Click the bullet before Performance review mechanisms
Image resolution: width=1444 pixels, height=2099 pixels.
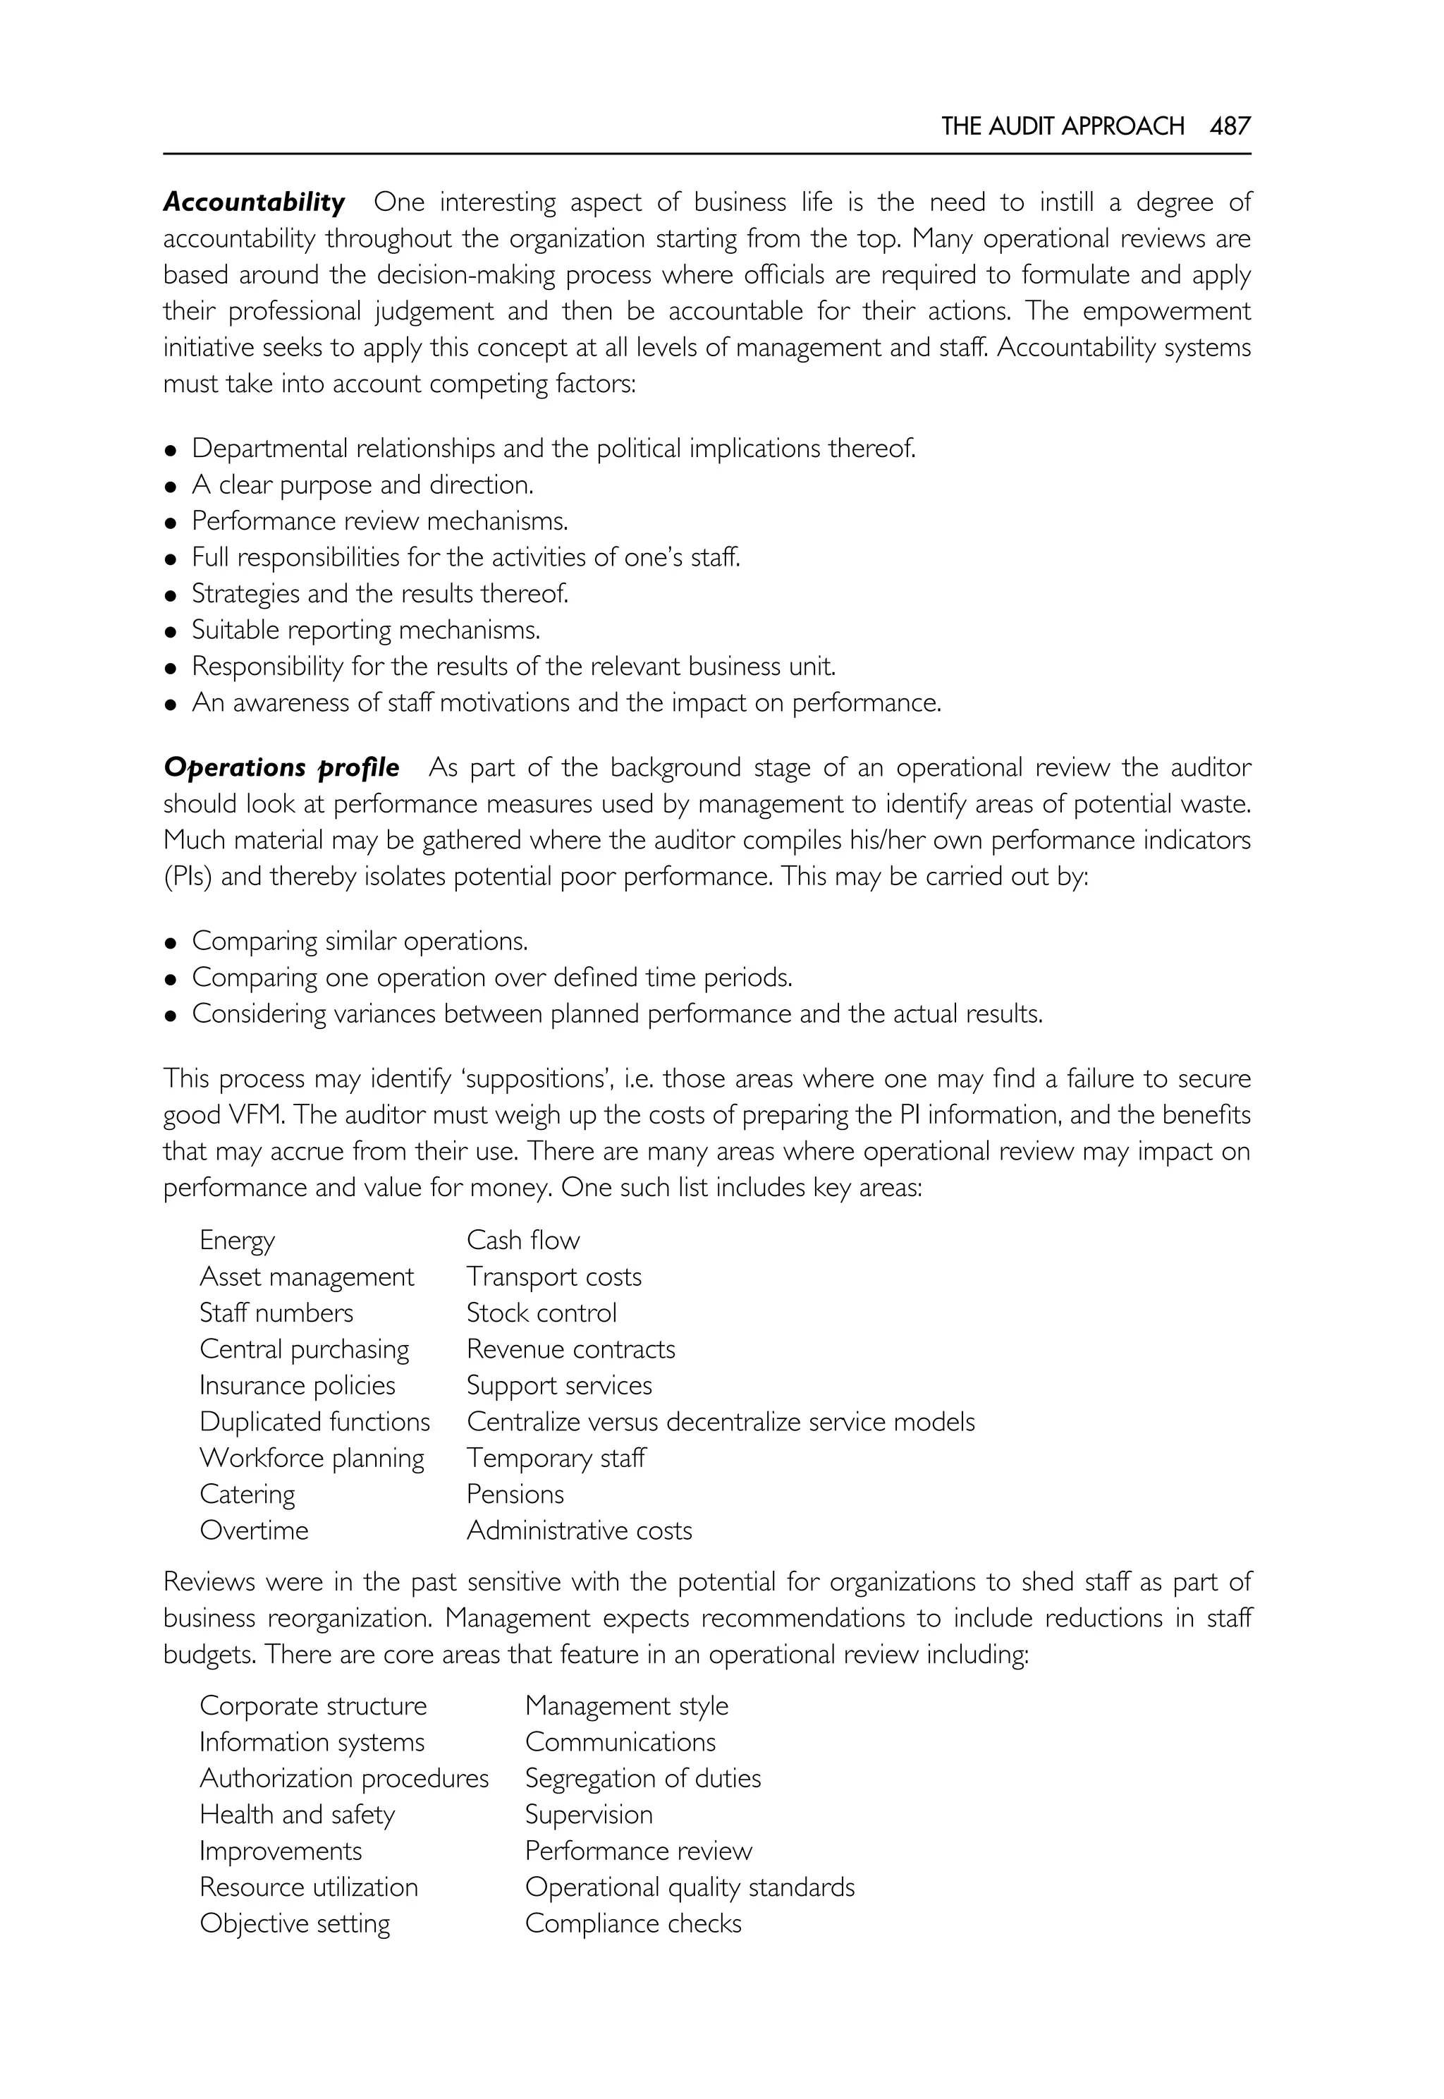pyautogui.click(x=169, y=523)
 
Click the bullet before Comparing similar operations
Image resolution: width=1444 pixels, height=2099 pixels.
pyautogui.click(x=169, y=943)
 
